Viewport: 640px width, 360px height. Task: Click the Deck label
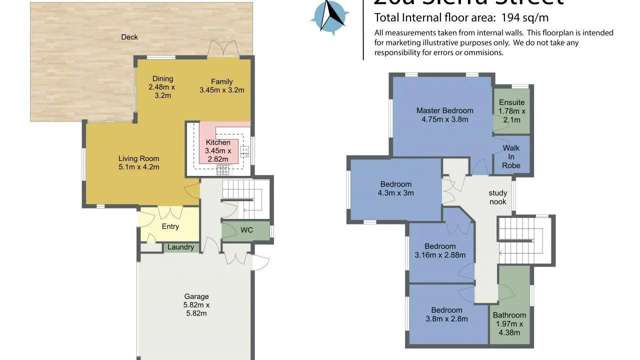(x=129, y=37)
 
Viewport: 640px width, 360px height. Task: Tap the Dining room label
(x=162, y=79)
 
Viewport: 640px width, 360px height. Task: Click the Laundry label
(x=180, y=247)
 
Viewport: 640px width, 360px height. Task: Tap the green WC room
(x=242, y=230)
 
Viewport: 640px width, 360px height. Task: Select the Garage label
(x=195, y=297)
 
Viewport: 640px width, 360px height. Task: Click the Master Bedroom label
(x=445, y=109)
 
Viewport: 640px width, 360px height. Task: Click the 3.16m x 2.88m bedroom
(x=440, y=250)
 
